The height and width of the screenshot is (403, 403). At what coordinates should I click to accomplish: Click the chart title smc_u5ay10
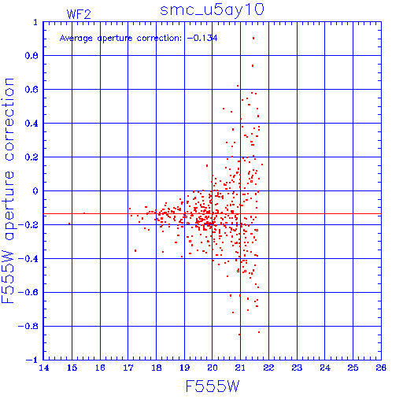pos(212,10)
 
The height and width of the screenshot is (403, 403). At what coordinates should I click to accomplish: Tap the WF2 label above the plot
pos(79,14)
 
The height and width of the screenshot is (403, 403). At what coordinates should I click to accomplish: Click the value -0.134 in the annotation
pos(202,39)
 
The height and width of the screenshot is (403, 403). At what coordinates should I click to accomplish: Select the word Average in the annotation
pos(76,39)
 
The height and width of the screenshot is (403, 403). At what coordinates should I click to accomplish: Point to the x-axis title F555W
pos(213,386)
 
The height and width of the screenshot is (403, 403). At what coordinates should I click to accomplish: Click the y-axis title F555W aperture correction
pos(8,190)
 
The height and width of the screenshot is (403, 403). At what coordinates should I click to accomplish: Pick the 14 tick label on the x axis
pos(44,368)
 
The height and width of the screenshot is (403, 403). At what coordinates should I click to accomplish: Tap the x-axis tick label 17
pos(128,368)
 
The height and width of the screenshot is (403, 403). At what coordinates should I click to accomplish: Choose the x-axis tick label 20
pos(213,368)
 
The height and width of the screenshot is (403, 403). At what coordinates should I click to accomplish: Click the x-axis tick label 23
pos(297,368)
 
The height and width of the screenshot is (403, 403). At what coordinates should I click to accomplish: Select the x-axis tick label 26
pos(381,368)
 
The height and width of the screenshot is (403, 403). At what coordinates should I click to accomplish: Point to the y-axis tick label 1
pos(35,22)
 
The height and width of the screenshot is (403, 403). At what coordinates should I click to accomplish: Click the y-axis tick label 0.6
pos(31,90)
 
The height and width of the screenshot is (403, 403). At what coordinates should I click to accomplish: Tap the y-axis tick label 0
pos(35,191)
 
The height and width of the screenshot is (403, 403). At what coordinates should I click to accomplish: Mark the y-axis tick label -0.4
pos(28,259)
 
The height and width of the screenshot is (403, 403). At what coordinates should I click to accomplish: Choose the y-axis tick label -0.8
pos(28,326)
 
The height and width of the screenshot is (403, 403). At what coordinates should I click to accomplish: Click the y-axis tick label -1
pos(32,360)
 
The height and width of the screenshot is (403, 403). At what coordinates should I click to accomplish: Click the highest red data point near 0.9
pos(253,39)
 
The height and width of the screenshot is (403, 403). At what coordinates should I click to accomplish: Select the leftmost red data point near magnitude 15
pos(69,224)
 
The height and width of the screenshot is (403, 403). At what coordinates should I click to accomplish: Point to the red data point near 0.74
pos(253,65)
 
